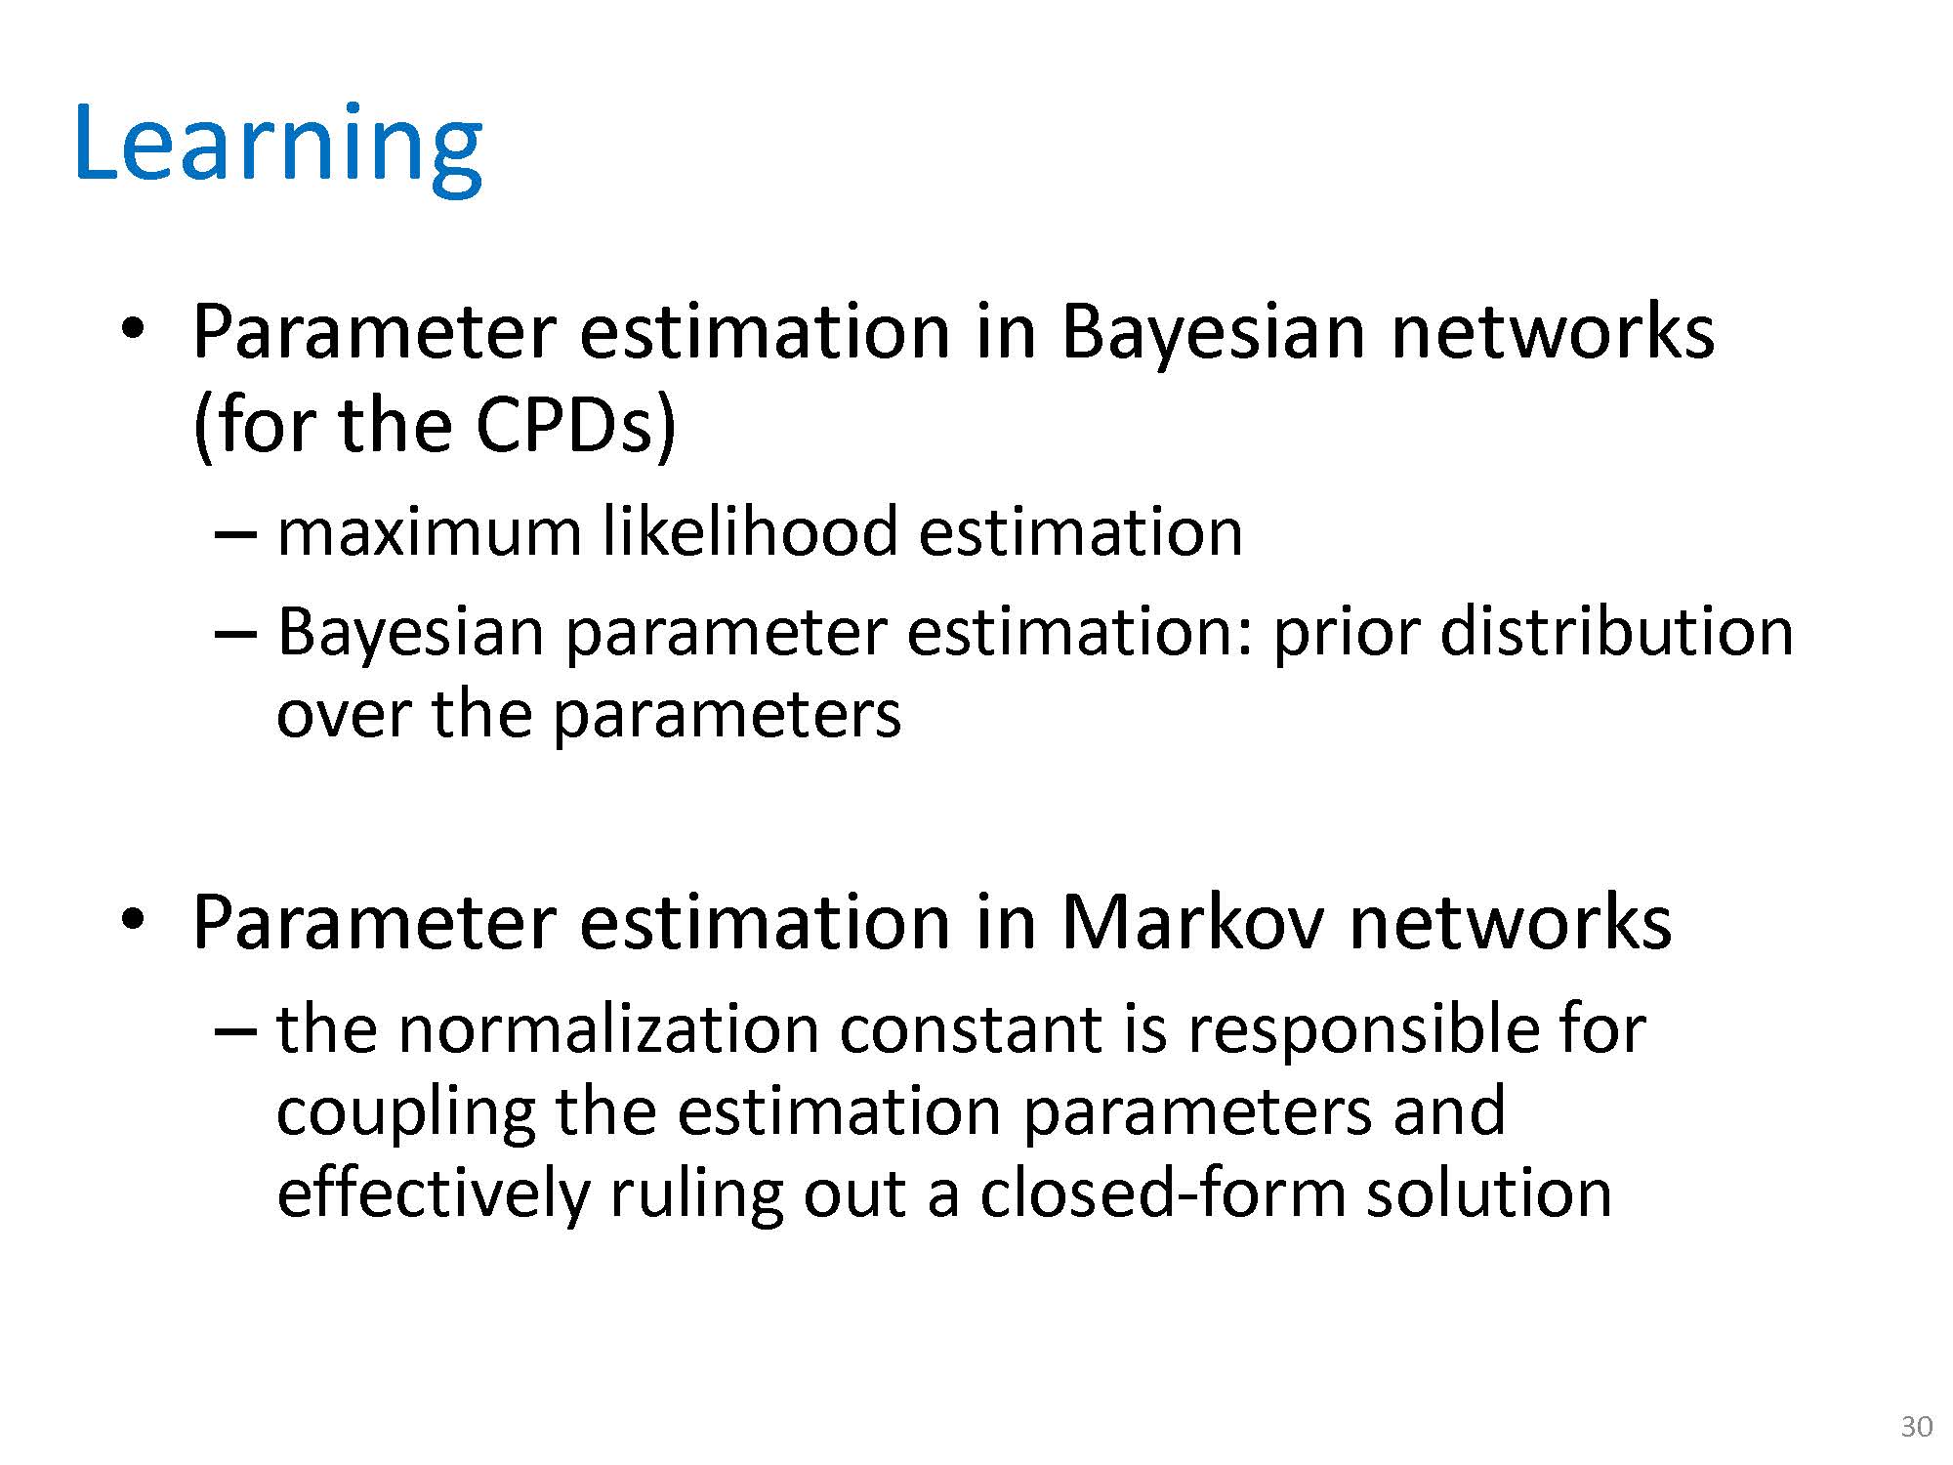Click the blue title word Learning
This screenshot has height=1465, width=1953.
(x=278, y=146)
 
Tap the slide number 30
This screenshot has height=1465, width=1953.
(x=1917, y=1427)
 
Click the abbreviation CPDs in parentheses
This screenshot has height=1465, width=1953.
(x=563, y=426)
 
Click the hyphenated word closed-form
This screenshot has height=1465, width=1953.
(x=1162, y=1193)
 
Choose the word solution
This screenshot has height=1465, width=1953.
(x=1488, y=1193)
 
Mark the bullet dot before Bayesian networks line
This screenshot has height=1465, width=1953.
(x=133, y=330)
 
